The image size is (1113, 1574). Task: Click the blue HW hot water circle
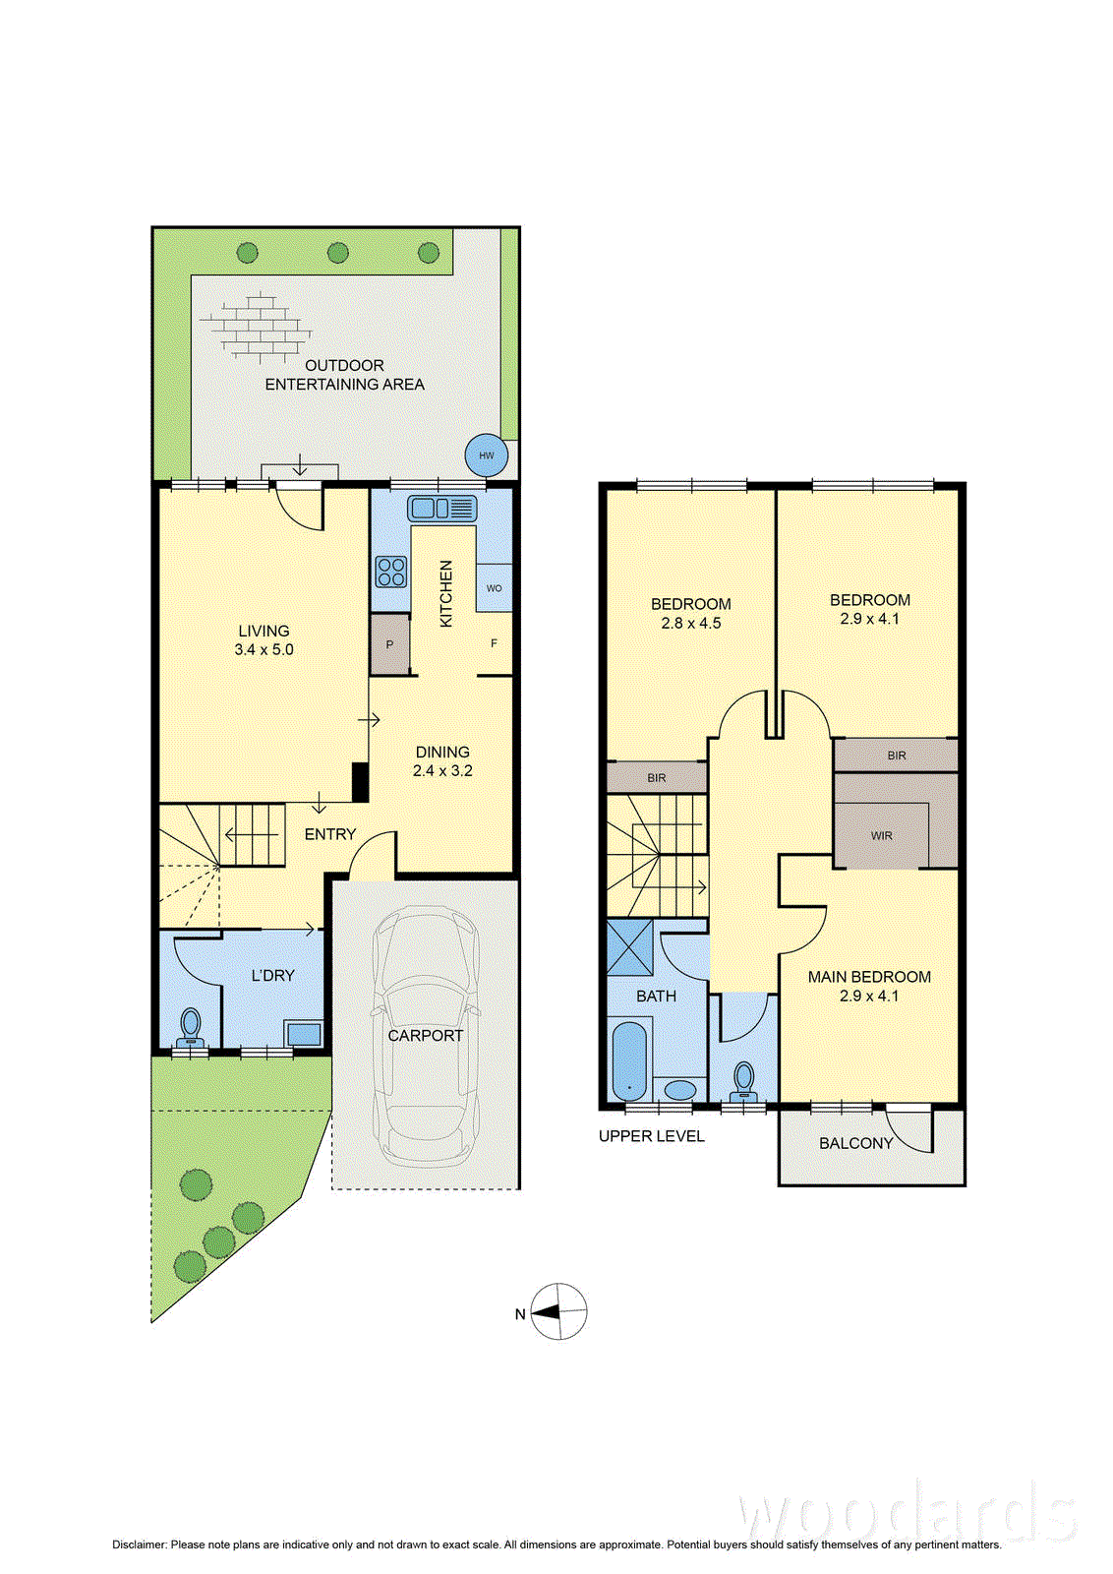[x=486, y=455]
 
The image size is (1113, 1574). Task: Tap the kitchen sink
[x=442, y=508]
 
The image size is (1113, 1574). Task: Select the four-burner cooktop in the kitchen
[x=391, y=572]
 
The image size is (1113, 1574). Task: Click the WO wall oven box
[x=494, y=587]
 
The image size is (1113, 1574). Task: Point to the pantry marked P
[x=389, y=644]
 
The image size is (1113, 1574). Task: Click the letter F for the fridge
[x=494, y=643]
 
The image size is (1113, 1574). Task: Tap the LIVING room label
[x=264, y=631]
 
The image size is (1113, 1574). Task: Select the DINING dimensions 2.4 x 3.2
[x=442, y=770]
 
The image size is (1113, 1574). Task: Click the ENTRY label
[x=330, y=834]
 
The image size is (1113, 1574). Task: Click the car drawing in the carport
[x=426, y=1037]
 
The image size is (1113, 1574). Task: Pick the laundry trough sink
[x=304, y=1034]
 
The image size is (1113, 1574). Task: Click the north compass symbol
[x=558, y=1311]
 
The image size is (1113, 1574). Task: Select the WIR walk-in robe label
[x=881, y=835]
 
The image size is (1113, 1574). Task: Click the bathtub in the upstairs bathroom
[x=629, y=1060]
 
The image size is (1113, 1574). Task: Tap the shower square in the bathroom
[x=630, y=946]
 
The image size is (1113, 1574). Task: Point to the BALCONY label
[x=856, y=1143]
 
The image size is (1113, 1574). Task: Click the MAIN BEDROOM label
[x=869, y=977]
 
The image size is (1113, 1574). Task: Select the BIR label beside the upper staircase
[x=657, y=778]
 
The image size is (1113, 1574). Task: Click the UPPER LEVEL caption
[x=652, y=1136]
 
